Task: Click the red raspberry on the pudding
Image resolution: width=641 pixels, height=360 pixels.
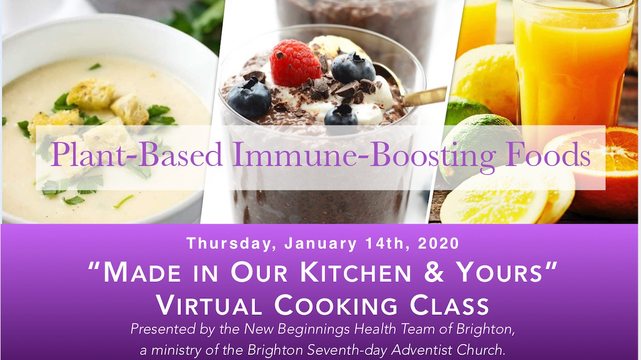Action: [x=295, y=63]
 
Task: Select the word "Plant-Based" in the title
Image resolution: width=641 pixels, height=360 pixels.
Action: [x=136, y=154]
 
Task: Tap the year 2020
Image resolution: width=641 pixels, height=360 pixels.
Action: [x=438, y=243]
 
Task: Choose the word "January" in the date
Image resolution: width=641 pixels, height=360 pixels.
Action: [x=321, y=244]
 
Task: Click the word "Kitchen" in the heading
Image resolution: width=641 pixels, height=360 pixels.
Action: [x=356, y=272]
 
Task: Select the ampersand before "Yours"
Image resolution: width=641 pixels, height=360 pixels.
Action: [x=434, y=272]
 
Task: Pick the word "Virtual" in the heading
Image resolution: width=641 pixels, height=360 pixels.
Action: [x=209, y=305]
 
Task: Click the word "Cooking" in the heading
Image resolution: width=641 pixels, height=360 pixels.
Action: [x=336, y=305]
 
